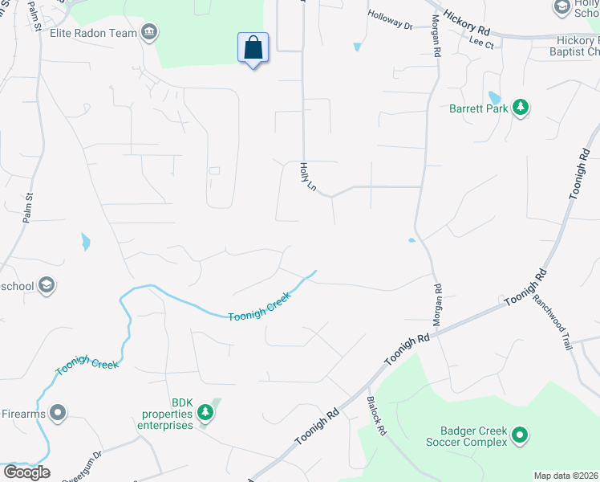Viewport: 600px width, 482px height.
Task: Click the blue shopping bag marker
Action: (x=253, y=48)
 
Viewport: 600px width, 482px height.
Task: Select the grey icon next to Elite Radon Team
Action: (x=149, y=33)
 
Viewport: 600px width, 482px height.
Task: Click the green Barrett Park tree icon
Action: (x=521, y=108)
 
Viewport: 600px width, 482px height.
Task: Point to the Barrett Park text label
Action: (x=479, y=108)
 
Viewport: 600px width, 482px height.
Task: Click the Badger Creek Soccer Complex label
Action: (x=473, y=436)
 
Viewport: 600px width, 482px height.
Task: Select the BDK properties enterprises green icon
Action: (x=206, y=413)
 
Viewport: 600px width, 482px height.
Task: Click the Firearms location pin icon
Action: (x=57, y=414)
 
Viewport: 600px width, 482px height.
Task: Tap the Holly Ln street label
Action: (x=306, y=177)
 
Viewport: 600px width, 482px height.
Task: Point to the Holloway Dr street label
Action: (x=390, y=20)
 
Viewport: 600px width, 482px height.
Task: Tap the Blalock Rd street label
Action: (x=376, y=415)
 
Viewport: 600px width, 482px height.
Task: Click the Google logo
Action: (x=26, y=472)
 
